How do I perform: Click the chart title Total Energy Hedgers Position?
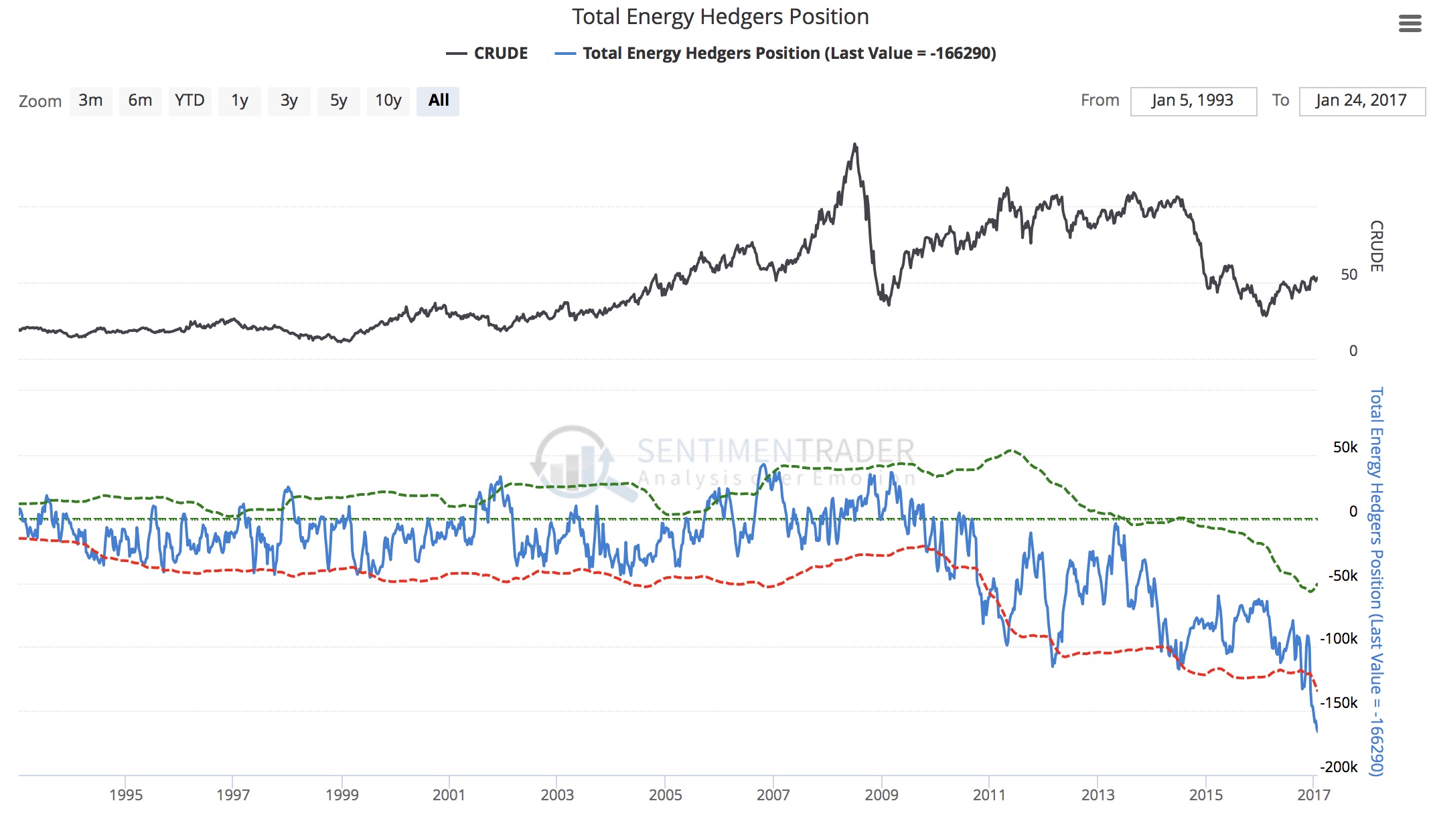[720, 17]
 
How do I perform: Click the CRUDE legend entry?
[487, 54]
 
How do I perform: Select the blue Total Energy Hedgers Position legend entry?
[775, 54]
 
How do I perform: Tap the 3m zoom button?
[90, 101]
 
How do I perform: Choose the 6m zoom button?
[140, 101]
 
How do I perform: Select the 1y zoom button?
[239, 101]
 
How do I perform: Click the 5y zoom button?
[338, 101]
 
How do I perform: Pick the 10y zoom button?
[388, 101]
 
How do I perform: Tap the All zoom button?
[438, 101]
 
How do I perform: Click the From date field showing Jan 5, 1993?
[1193, 101]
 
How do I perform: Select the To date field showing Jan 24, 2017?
[1361, 101]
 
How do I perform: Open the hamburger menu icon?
[1410, 24]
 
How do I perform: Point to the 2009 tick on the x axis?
[881, 795]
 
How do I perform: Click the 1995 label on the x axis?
[126, 795]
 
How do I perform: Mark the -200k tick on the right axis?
[1339, 767]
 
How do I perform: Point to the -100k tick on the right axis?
[1339, 638]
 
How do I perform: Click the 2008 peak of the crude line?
[854, 144]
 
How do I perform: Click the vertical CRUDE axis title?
[1376, 246]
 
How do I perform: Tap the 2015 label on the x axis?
[1205, 795]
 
